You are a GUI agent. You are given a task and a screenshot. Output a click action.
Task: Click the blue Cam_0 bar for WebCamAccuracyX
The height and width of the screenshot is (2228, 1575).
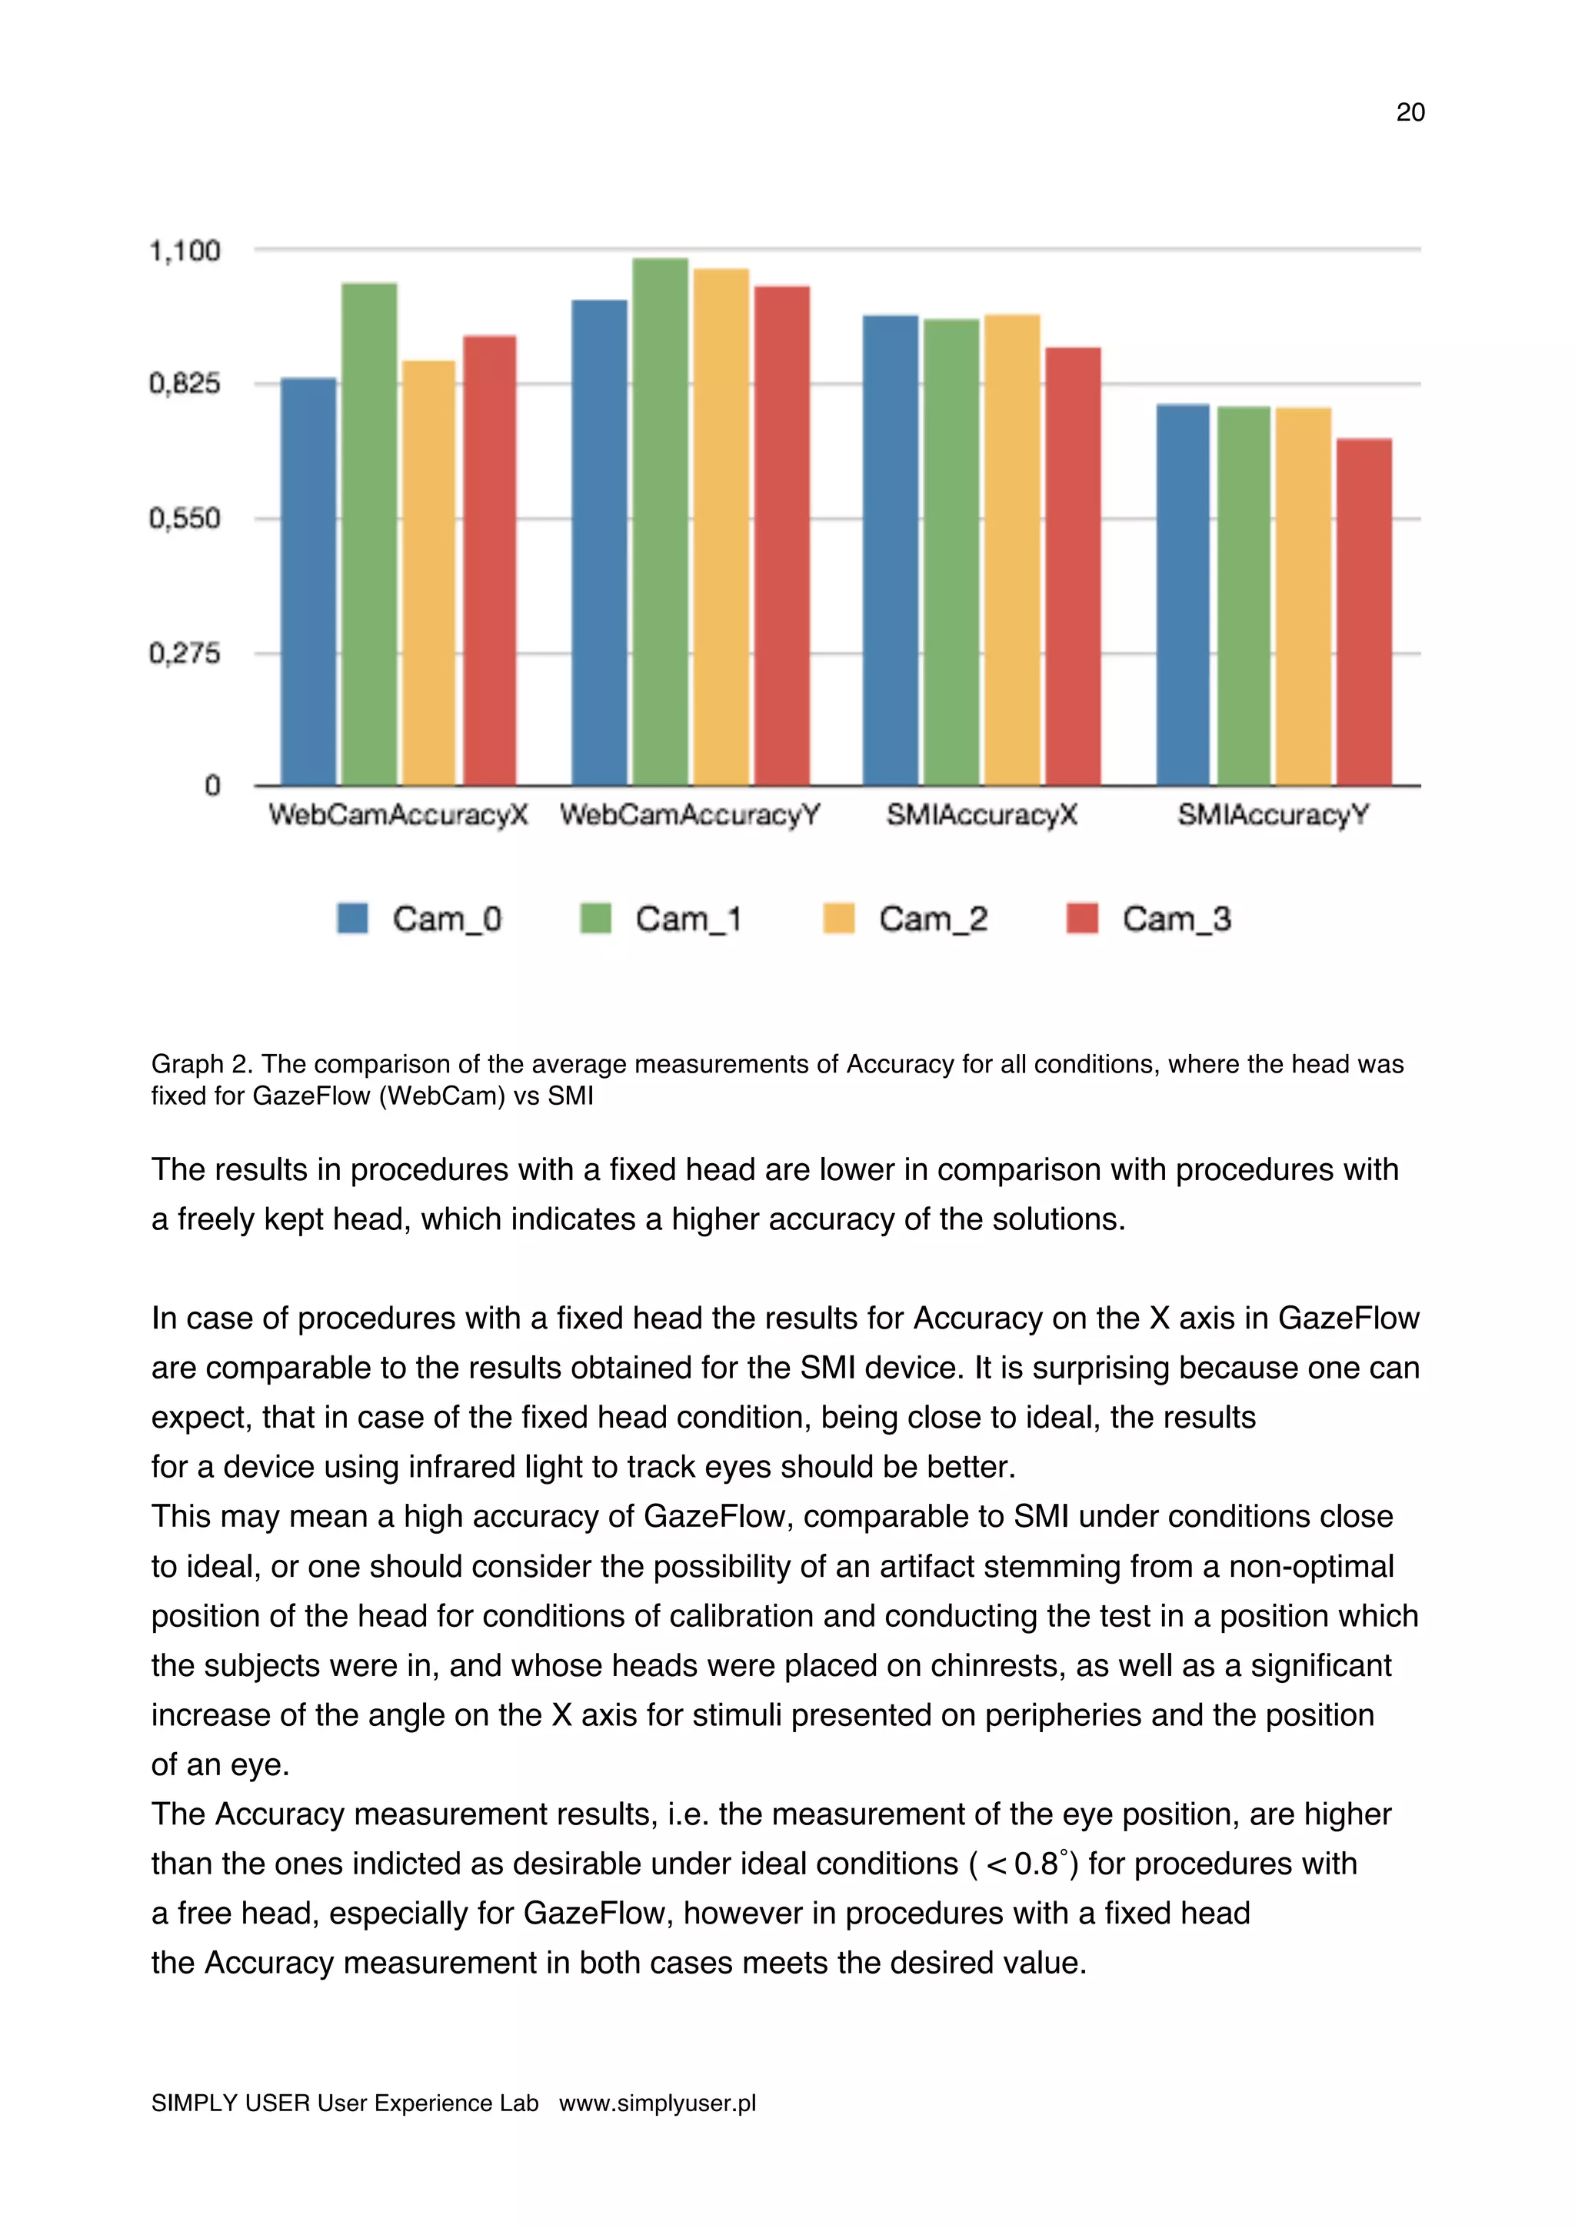(x=308, y=581)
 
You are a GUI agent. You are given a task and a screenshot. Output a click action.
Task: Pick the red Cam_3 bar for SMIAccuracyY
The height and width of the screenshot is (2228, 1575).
(x=1364, y=611)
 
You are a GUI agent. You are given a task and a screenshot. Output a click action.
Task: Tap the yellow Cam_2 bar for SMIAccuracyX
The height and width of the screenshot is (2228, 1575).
(x=1012, y=549)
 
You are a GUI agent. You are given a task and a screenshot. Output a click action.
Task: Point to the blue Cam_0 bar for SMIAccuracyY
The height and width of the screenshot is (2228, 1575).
(x=1183, y=594)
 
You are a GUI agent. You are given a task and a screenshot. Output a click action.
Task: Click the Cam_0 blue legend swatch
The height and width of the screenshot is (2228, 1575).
(x=352, y=918)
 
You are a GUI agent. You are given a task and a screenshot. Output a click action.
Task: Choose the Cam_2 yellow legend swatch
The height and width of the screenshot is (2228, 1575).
(x=838, y=918)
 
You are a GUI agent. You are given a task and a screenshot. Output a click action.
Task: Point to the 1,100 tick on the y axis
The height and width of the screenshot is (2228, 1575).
(x=185, y=251)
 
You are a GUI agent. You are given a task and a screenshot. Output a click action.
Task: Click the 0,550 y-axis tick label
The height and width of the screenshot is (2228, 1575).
(x=185, y=518)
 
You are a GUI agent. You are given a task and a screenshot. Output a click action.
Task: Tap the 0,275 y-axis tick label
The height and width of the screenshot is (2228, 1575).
(x=185, y=653)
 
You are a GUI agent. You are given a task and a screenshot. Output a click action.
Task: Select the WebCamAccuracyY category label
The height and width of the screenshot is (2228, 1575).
(x=690, y=815)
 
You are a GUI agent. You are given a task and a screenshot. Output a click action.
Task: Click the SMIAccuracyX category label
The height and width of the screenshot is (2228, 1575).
(x=981, y=815)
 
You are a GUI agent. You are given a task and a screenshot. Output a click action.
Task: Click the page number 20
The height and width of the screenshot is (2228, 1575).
(x=1410, y=112)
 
